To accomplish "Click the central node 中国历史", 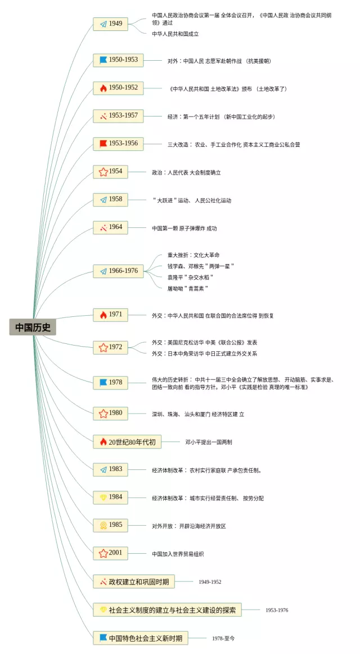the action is click(33, 327).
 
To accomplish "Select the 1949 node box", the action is click(111, 24).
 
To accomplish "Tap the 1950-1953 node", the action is click(118, 60).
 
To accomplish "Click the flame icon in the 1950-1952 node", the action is click(103, 88).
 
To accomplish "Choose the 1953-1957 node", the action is click(118, 116).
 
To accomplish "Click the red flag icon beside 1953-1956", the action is click(103, 144).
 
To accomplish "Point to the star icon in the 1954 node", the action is click(103, 172).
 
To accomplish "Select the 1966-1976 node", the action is click(118, 271).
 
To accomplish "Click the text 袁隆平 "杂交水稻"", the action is click(190, 277).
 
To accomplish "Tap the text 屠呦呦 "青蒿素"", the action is click(187, 288).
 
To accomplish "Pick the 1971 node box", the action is click(111, 315).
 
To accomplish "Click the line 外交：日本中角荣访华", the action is click(204, 353).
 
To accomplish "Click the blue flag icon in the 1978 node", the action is click(103, 383).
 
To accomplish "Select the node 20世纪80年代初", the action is click(127, 442).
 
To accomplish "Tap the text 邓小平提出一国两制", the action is click(209, 442).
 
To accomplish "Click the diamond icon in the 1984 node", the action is click(103, 498).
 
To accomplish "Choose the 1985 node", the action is click(111, 525).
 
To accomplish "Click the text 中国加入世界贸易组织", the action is click(178, 554).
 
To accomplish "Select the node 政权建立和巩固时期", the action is click(134, 582).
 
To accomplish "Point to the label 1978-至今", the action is click(223, 638).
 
